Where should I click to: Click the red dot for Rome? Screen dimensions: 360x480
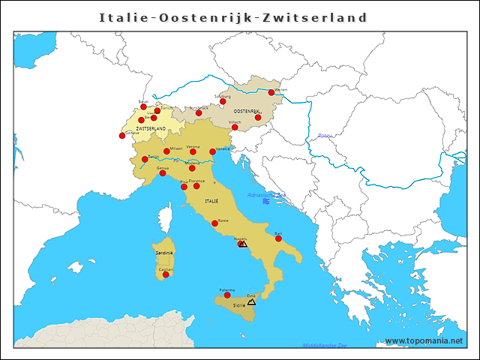(215, 223)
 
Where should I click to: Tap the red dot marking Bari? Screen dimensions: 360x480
(278, 238)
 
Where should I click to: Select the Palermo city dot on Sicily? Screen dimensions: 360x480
(227, 295)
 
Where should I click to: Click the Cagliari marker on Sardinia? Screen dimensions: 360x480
(166, 274)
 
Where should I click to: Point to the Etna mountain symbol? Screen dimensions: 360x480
(251, 301)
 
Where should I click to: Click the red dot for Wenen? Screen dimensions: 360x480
(271, 93)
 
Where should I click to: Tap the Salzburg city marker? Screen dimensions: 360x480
(223, 102)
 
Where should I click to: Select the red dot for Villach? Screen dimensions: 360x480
(235, 127)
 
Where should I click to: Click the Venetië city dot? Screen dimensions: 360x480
(213, 151)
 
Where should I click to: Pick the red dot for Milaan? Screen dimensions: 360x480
(166, 151)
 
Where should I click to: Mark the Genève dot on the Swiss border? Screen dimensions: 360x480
(122, 136)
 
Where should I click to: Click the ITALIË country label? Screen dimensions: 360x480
(211, 201)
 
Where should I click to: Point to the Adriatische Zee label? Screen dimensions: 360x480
(266, 195)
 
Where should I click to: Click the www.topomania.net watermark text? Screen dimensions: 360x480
(424, 341)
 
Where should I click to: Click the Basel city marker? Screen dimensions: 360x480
(144, 106)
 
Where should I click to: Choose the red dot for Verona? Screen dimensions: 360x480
(193, 151)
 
